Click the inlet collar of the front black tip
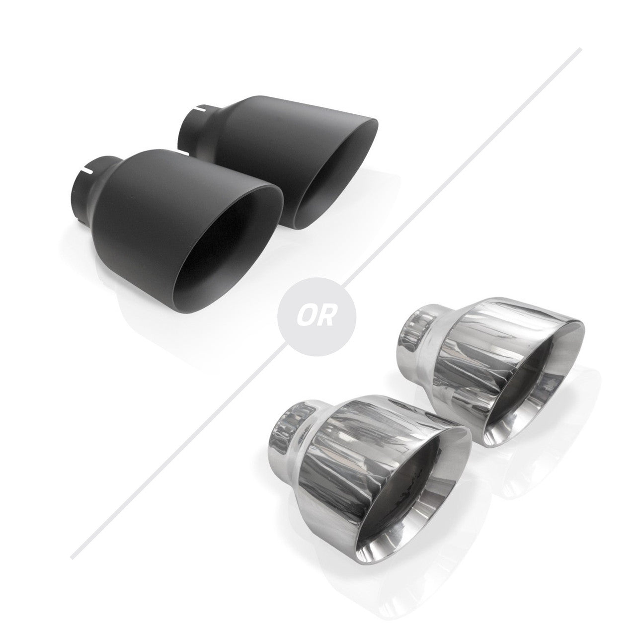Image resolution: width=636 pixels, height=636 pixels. coord(87,191)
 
